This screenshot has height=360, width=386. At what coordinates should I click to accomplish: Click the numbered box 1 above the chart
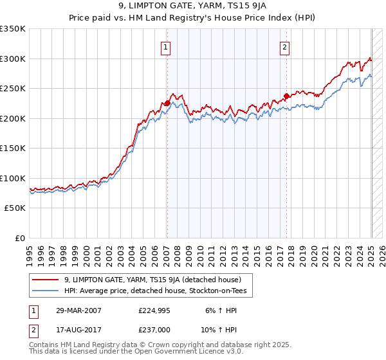(x=166, y=46)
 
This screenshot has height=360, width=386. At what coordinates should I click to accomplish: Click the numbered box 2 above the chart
(x=284, y=46)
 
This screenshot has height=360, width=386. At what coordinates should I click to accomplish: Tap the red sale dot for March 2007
(x=167, y=103)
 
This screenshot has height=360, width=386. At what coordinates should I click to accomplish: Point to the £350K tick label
(x=13, y=29)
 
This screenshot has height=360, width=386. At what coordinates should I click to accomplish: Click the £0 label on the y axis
(x=19, y=238)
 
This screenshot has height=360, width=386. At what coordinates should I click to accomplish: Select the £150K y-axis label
(x=13, y=148)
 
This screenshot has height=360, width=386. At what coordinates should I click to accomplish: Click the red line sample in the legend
(x=46, y=280)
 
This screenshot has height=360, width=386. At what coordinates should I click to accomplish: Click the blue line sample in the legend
(x=46, y=291)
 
